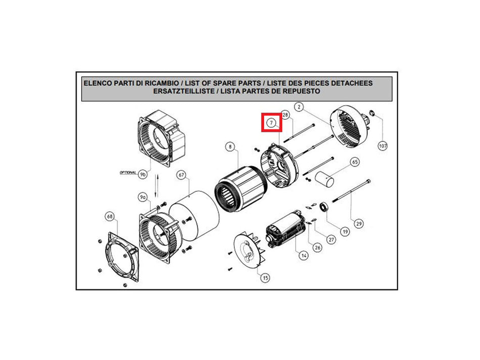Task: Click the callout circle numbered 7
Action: click(271, 123)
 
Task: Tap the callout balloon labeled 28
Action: click(285, 115)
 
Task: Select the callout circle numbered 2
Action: click(299, 107)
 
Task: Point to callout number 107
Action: click(382, 146)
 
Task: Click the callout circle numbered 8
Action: click(230, 147)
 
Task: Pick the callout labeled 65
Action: click(355, 162)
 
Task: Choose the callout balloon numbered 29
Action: click(359, 224)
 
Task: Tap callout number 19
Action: click(345, 232)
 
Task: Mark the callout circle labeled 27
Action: click(331, 239)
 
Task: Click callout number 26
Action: click(317, 247)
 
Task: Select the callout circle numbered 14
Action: click(303, 255)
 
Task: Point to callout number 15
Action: click(265, 278)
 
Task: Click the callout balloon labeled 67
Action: click(181, 175)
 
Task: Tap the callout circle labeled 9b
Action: click(142, 175)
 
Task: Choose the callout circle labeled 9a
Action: click(142, 197)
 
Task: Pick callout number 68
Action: click(110, 217)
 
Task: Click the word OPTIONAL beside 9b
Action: click(128, 173)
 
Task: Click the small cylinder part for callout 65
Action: click(324, 179)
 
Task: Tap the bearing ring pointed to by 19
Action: click(324, 207)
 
